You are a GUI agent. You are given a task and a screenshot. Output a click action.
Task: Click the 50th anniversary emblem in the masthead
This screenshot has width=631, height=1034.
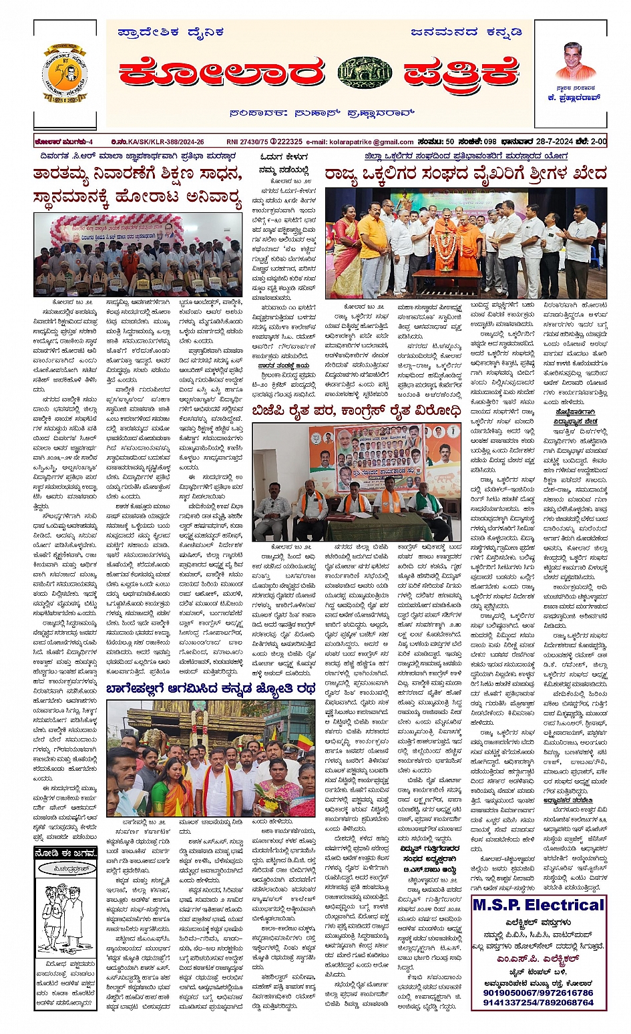(x=66, y=75)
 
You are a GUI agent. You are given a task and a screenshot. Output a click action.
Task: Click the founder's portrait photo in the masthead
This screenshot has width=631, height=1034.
(x=576, y=61)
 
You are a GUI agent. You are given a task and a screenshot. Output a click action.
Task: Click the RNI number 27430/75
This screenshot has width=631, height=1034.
(x=246, y=142)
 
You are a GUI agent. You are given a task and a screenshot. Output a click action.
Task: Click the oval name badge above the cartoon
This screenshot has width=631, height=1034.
(x=65, y=869)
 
